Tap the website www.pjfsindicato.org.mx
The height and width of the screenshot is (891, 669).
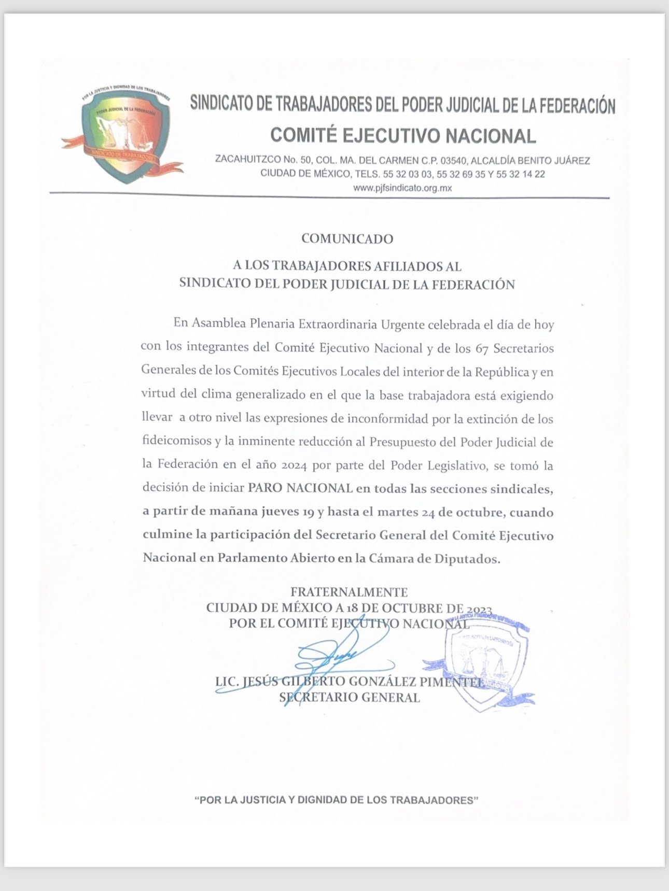point(402,188)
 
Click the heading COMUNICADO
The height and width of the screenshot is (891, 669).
point(347,238)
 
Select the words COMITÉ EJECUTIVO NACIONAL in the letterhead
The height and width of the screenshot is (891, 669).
point(403,136)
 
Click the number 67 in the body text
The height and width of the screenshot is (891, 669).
point(481,348)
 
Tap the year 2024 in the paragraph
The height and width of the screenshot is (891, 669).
point(296,465)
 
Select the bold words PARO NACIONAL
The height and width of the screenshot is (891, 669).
point(300,488)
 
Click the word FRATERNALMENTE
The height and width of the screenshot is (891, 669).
point(349,591)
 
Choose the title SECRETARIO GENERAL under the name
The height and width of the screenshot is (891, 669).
point(350,697)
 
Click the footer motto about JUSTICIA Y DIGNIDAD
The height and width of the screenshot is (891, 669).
point(336,800)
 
